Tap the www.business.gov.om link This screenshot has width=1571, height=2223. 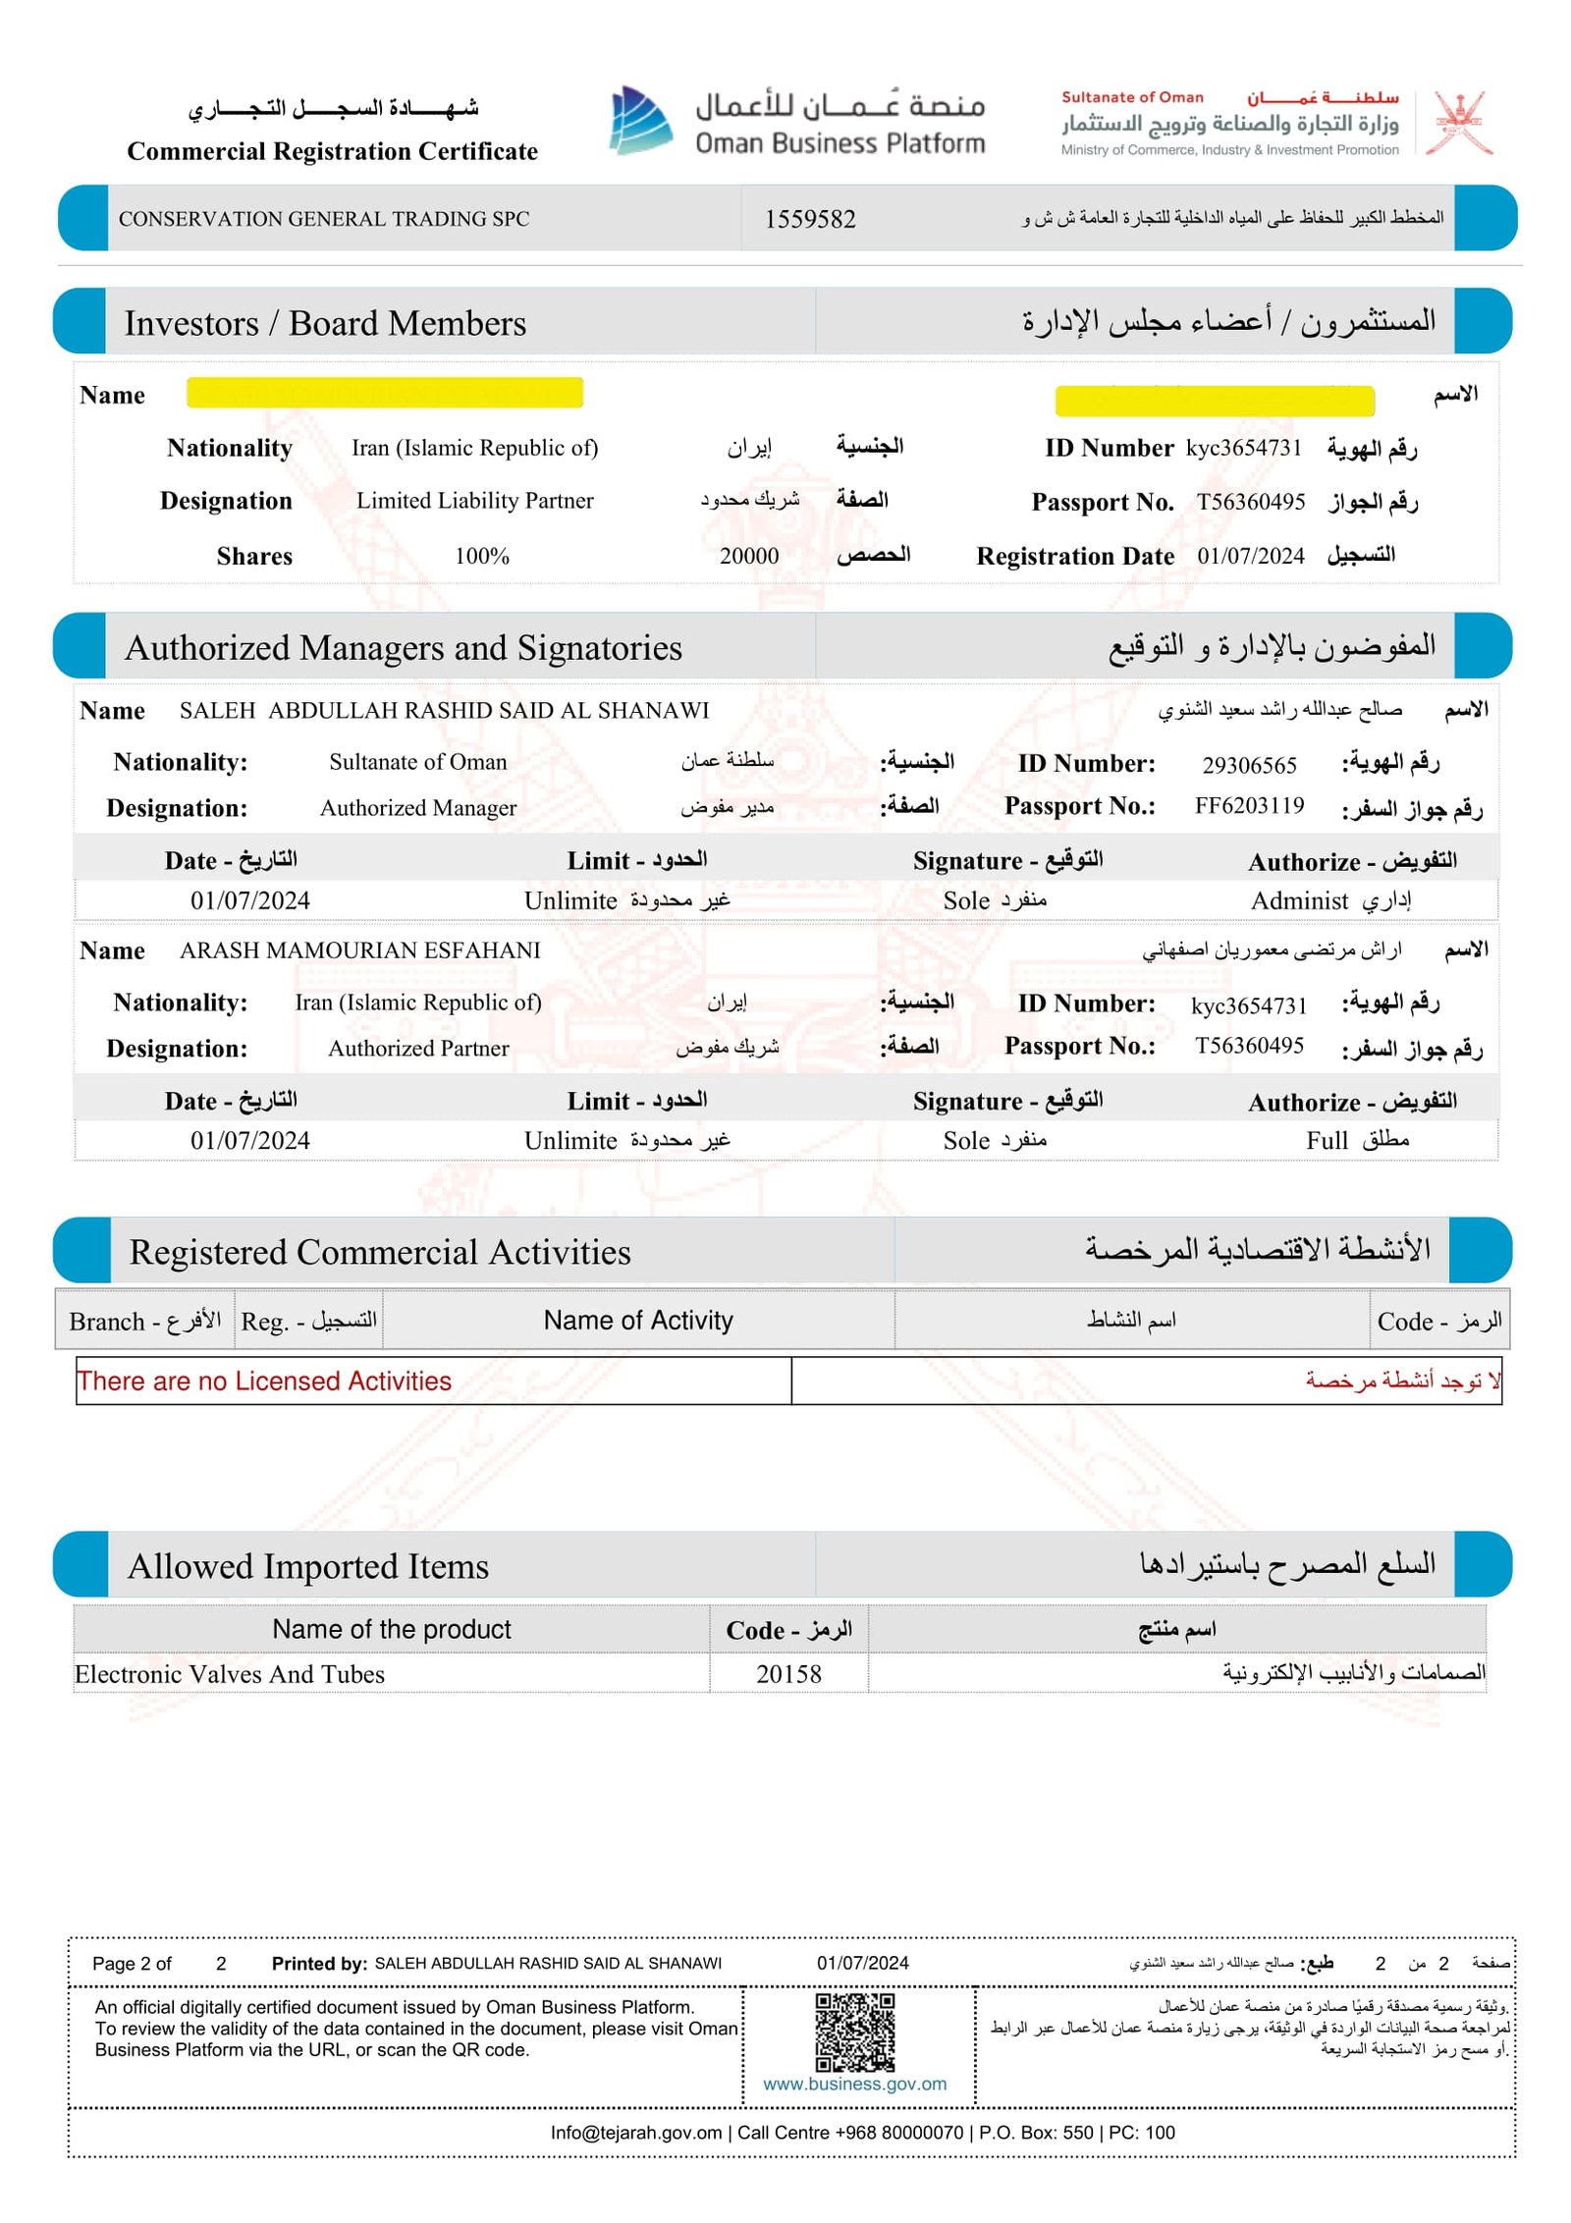click(x=854, y=2084)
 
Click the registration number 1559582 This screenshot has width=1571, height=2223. click(x=810, y=219)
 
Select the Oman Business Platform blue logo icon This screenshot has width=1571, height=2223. click(x=640, y=121)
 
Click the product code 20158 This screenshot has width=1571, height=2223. click(x=788, y=1674)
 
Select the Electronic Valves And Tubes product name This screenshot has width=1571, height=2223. click(x=230, y=1674)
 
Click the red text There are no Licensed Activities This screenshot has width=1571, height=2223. click(x=264, y=1381)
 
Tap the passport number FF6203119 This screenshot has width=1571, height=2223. click(x=1249, y=806)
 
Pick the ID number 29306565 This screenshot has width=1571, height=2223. click(x=1249, y=765)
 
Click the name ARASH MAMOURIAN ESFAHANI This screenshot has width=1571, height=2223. click(x=359, y=950)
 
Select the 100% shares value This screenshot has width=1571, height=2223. click(x=482, y=557)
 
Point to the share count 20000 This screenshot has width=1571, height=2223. click(x=749, y=557)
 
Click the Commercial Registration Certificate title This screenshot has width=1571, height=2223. click(x=332, y=151)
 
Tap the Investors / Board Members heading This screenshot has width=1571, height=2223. click(x=325, y=324)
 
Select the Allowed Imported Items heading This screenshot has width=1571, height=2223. click(x=308, y=1566)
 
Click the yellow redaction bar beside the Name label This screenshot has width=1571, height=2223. click(x=385, y=393)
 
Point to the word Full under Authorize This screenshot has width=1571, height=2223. click(x=1327, y=1140)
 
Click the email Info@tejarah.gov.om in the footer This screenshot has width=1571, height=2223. click(x=636, y=2132)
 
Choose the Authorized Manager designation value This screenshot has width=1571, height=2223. click(x=418, y=808)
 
